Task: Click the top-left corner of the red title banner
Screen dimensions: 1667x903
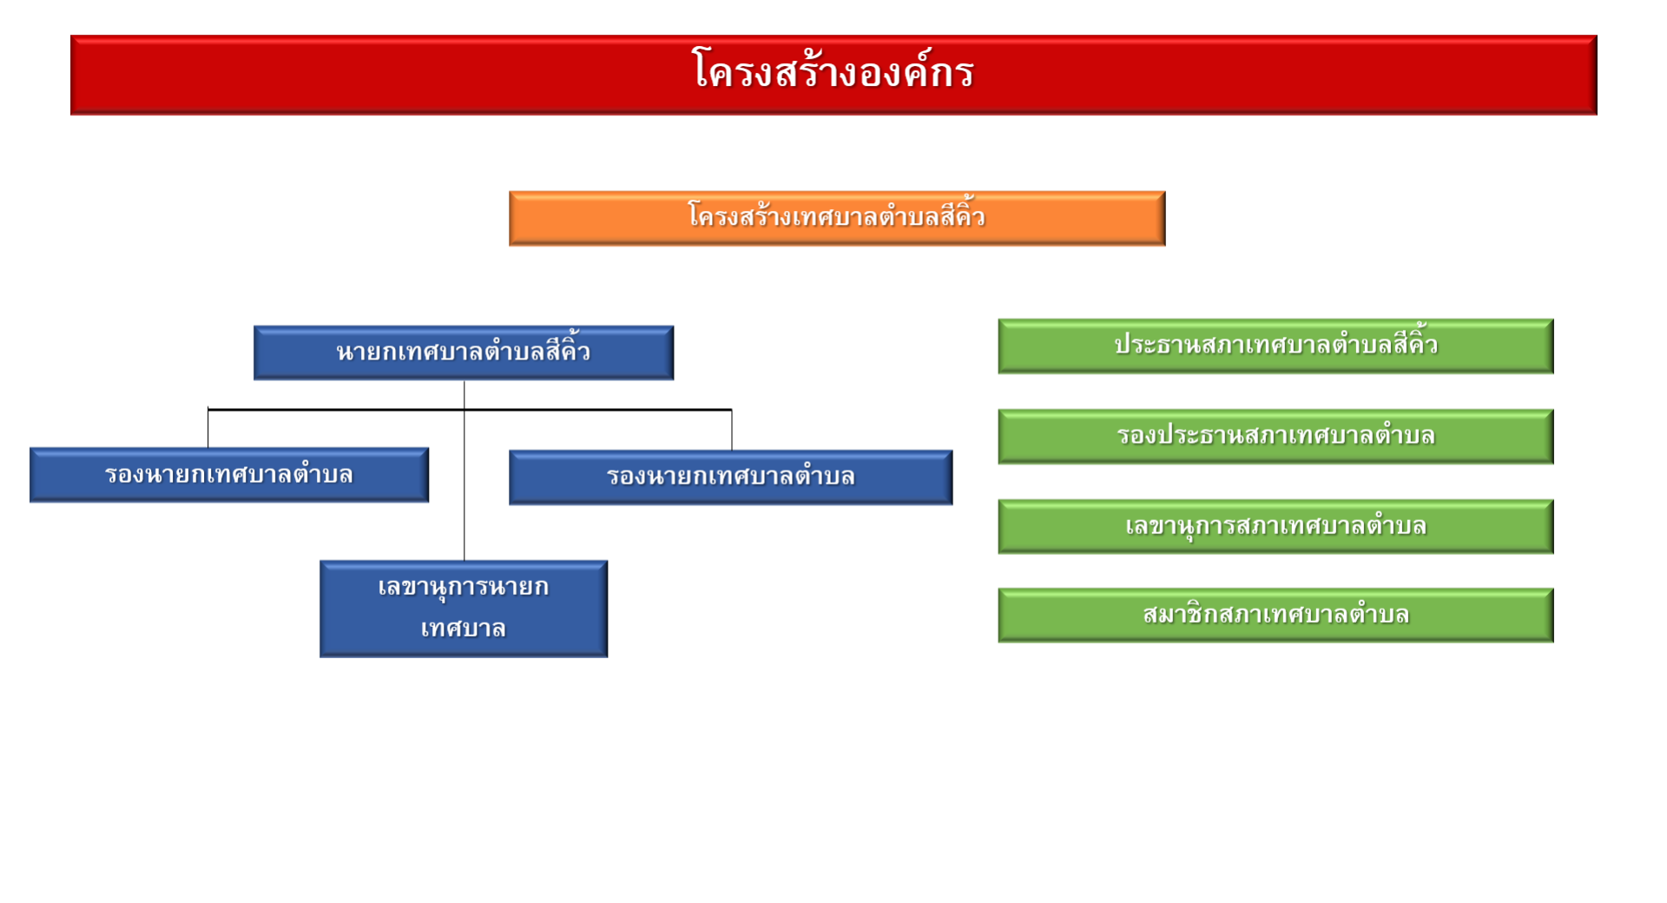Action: (x=71, y=36)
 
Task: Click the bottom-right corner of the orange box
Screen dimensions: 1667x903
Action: (x=1165, y=246)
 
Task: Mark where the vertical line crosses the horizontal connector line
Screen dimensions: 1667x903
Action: (x=465, y=409)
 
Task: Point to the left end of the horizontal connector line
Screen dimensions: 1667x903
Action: (x=208, y=409)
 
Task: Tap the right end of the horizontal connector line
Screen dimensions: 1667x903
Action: (x=732, y=409)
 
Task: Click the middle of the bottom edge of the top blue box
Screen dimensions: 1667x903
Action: (x=464, y=379)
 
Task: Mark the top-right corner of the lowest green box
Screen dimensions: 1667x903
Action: (x=1553, y=589)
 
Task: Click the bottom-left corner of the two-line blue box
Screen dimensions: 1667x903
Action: (x=320, y=656)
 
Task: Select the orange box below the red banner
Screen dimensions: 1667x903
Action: (x=837, y=218)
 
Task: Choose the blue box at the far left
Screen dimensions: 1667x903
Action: (x=229, y=475)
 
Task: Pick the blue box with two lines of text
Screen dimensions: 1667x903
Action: (x=464, y=609)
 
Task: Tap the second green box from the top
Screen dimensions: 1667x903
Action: (x=1275, y=436)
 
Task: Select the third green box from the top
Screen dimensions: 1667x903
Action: (x=1275, y=526)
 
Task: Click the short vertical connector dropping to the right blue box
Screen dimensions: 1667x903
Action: (x=732, y=430)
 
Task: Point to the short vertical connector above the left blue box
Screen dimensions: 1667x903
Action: (x=208, y=428)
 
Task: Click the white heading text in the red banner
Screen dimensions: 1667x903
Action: (x=833, y=69)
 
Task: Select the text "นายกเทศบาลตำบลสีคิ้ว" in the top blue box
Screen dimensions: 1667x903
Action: (x=464, y=350)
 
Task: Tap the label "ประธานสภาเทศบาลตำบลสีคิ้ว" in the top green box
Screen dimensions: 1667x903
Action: (x=1275, y=343)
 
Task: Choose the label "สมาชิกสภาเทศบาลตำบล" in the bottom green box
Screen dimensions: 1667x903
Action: (x=1275, y=615)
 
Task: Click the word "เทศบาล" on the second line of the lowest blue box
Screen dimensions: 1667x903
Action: (x=464, y=628)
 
